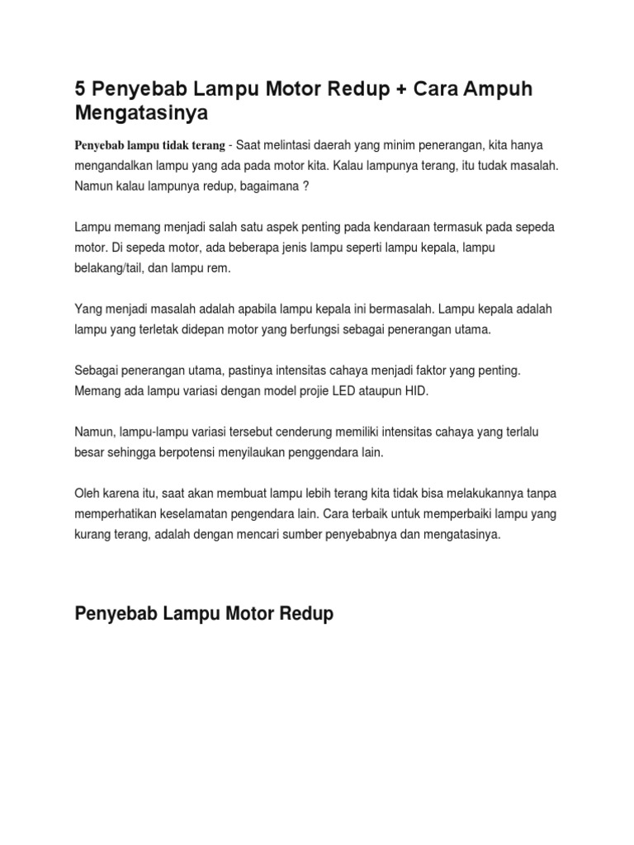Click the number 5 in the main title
tap(81, 89)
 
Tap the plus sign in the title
tap(400, 89)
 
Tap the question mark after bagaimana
tap(305, 186)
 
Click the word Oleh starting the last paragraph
tap(88, 493)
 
